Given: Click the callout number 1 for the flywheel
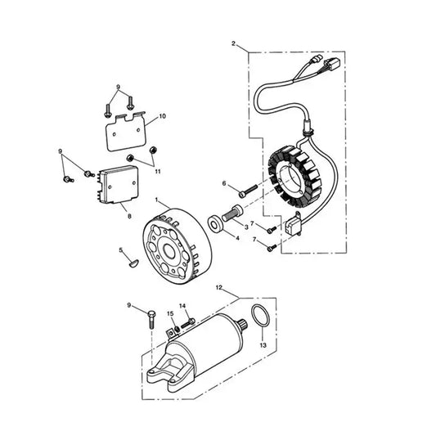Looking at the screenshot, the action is click(x=156, y=200).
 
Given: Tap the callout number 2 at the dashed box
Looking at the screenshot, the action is click(x=234, y=43).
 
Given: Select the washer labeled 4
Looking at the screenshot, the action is click(x=215, y=223).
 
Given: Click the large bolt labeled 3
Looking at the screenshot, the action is click(x=232, y=214).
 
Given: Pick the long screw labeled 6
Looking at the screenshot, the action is click(x=248, y=191).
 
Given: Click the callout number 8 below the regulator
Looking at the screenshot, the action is click(x=129, y=216).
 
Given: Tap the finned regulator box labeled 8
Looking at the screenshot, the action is click(x=119, y=185).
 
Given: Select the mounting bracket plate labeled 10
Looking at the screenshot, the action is click(x=126, y=131).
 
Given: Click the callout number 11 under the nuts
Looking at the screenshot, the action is click(x=158, y=172).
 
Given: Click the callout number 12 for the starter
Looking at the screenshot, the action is click(x=219, y=287).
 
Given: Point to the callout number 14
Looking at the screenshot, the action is click(x=182, y=306).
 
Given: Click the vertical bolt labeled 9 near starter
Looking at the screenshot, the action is click(x=151, y=320).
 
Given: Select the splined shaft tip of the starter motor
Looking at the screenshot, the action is click(x=242, y=323).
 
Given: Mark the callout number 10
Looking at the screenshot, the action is click(x=162, y=116).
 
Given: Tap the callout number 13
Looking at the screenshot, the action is click(x=263, y=345).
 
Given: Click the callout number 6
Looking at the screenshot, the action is click(x=224, y=183).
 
